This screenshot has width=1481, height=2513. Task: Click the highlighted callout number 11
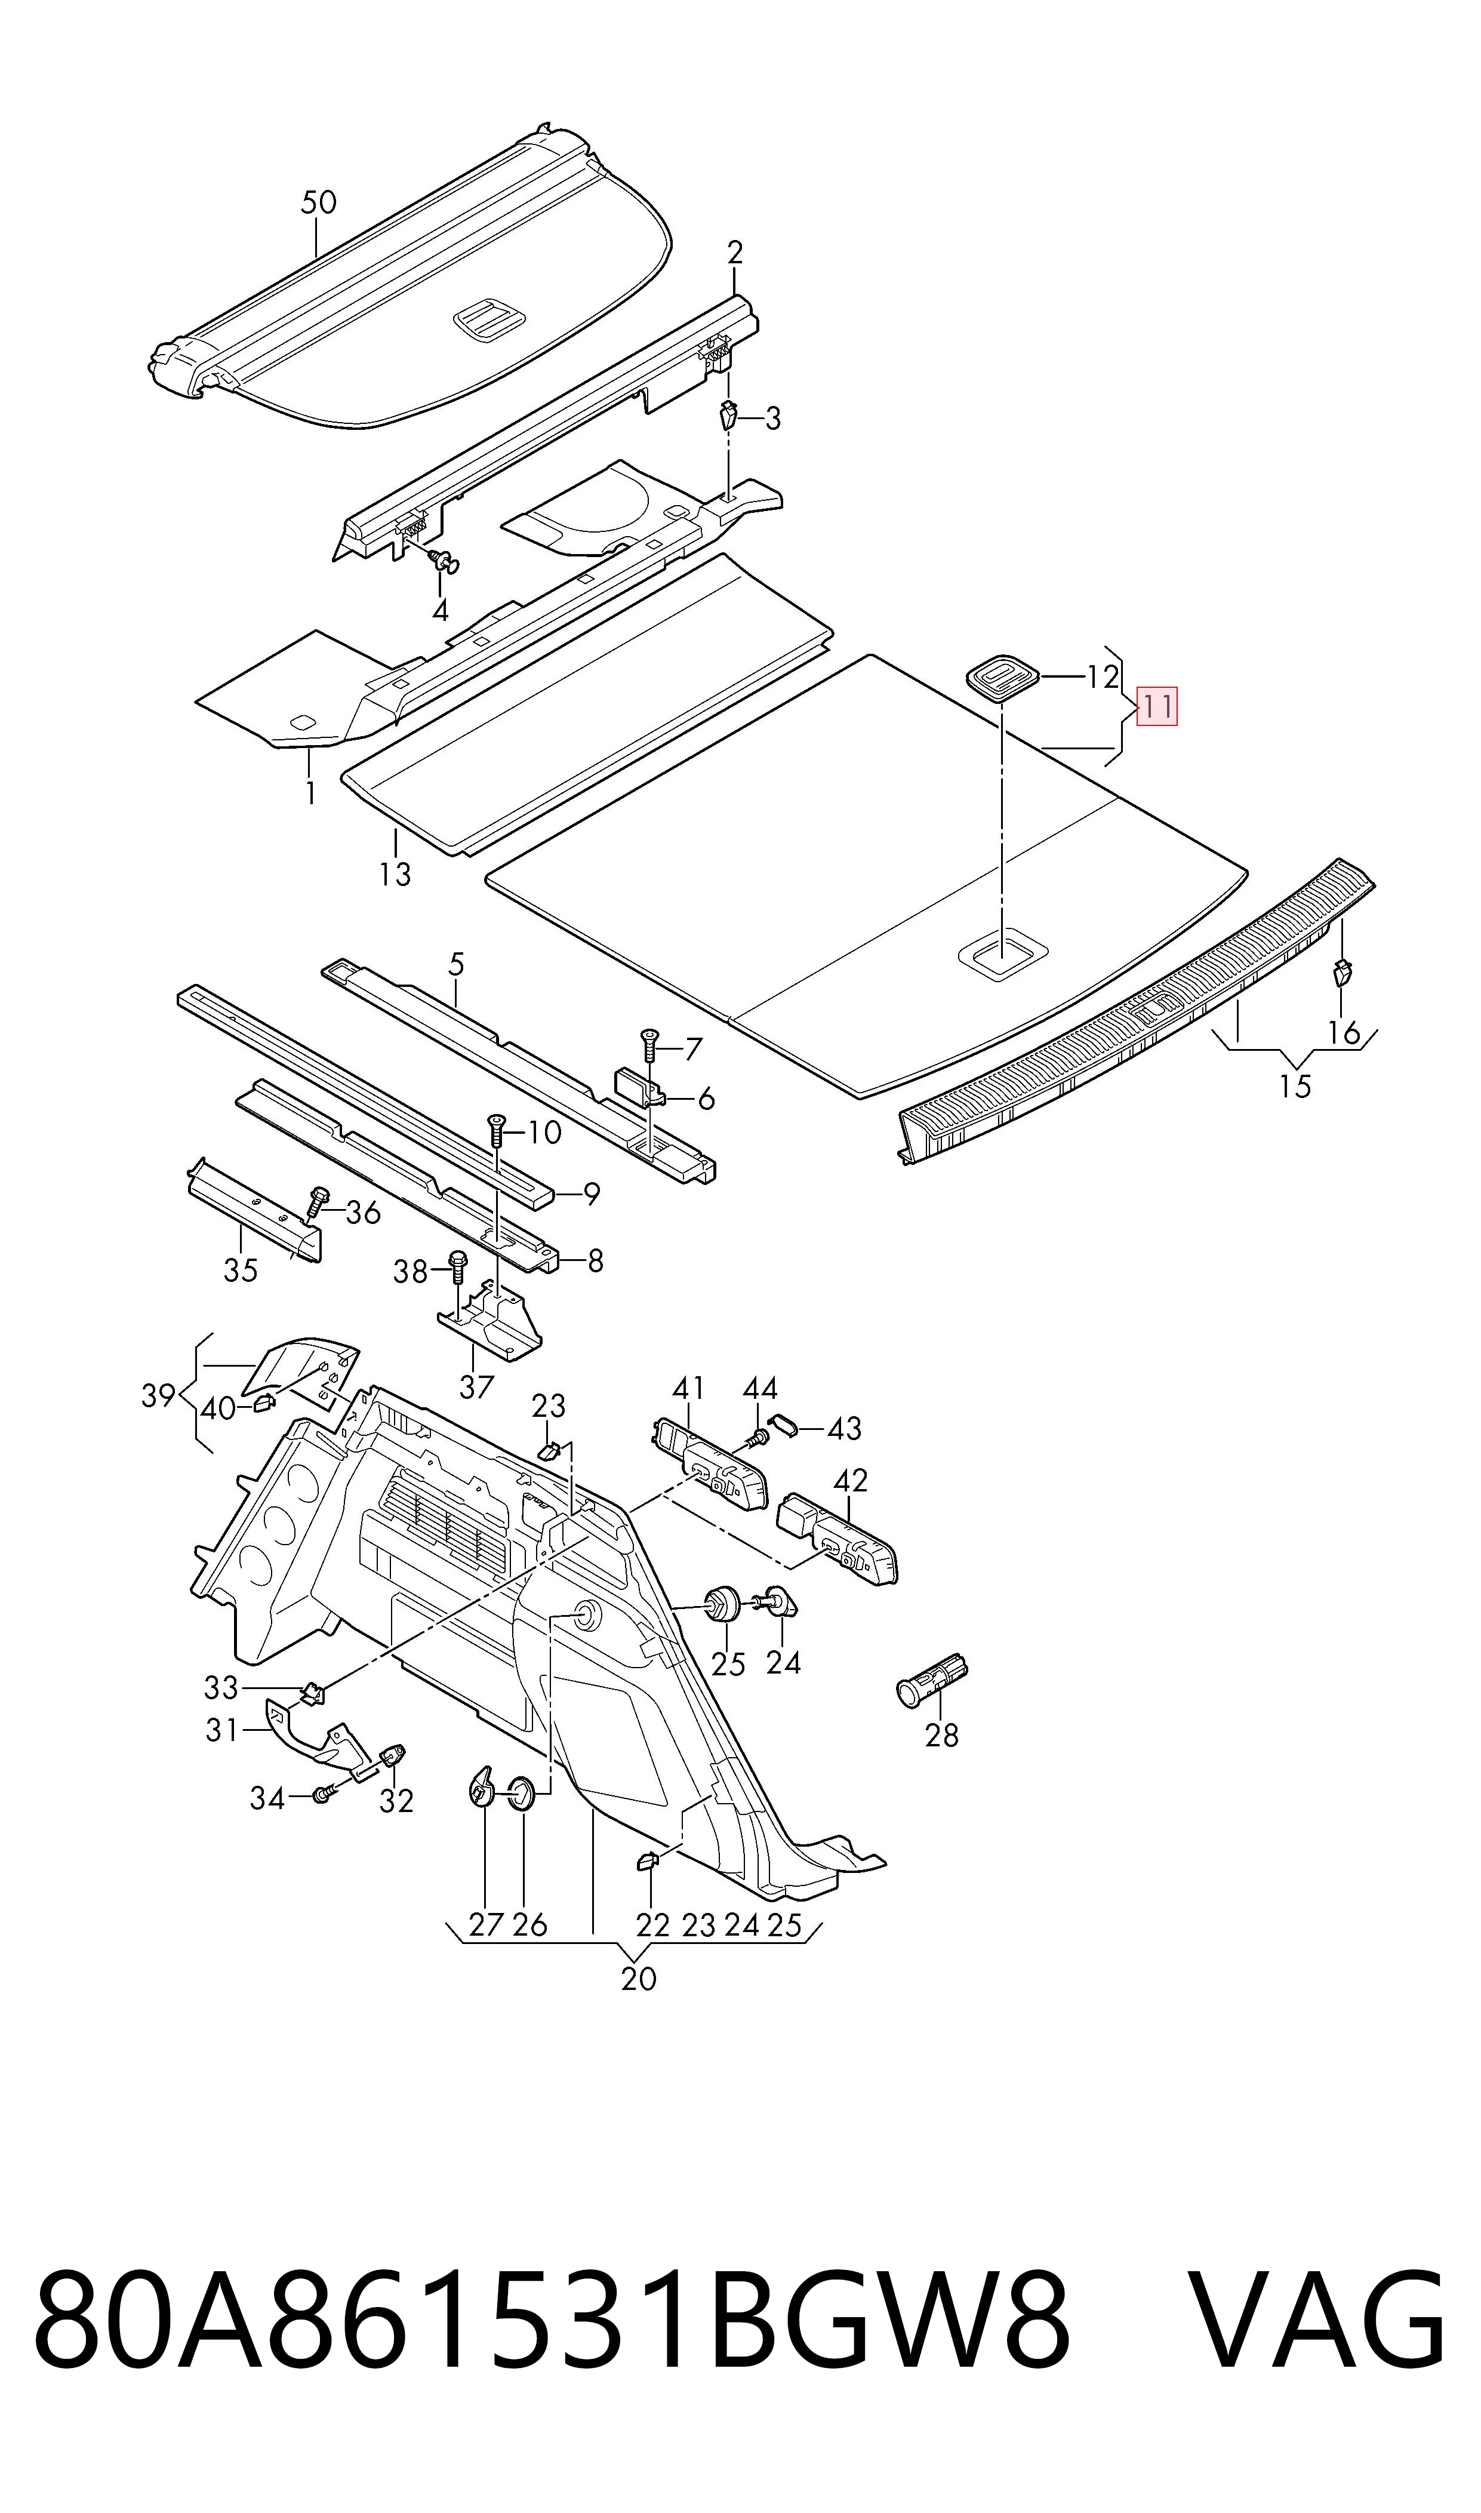pos(1157,706)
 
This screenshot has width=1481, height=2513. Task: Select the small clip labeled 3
pos(728,413)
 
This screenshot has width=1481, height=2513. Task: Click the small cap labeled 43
pos(786,1423)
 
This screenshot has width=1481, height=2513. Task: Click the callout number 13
pos(395,874)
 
